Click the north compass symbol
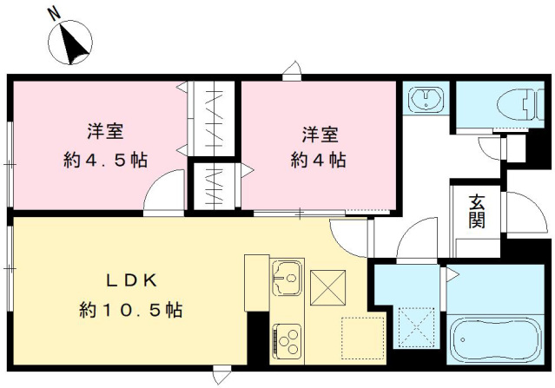[x=69, y=43]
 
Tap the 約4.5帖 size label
[x=104, y=161]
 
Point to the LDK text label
[x=129, y=280]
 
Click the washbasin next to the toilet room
[x=425, y=98]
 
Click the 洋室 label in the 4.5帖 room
[x=104, y=133]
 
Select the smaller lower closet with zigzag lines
[x=212, y=184]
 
